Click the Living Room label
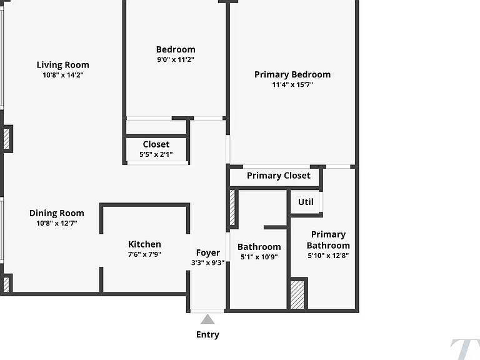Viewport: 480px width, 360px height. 62,65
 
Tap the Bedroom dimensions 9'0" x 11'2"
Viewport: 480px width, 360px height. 176,60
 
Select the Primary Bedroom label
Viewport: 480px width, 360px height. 292,74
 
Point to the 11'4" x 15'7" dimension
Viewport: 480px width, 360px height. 292,84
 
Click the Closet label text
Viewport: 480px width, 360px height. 156,144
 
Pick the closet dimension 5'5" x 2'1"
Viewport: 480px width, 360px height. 156,154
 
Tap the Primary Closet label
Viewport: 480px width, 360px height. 279,176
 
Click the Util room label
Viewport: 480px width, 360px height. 306,202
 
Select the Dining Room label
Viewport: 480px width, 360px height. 57,213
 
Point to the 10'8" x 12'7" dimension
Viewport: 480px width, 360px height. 57,223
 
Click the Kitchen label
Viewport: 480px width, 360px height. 144,244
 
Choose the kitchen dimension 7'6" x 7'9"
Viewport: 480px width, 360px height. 144,254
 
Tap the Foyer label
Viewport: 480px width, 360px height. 208,253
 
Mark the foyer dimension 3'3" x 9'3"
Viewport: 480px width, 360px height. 208,262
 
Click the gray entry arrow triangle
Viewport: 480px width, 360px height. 207,319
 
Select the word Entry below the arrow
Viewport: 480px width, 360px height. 207,334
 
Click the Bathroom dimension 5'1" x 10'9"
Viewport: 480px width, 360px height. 259,257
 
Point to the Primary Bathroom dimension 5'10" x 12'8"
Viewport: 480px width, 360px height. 328,255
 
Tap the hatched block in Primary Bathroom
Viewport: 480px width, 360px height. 297,295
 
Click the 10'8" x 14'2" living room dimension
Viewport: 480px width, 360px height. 62,75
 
